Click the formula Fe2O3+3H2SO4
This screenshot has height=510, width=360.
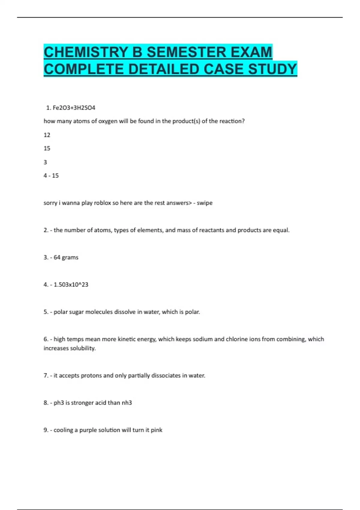[x=74, y=107]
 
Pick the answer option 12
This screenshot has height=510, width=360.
[x=47, y=135]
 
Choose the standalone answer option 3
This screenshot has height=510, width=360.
[x=45, y=162]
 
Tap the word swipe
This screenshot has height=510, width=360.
[x=205, y=203]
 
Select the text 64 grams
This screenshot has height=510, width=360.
[x=66, y=257]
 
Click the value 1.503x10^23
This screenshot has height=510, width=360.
[x=71, y=284]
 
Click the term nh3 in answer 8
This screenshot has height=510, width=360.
[x=127, y=403]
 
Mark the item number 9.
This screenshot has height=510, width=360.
[x=46, y=430]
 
